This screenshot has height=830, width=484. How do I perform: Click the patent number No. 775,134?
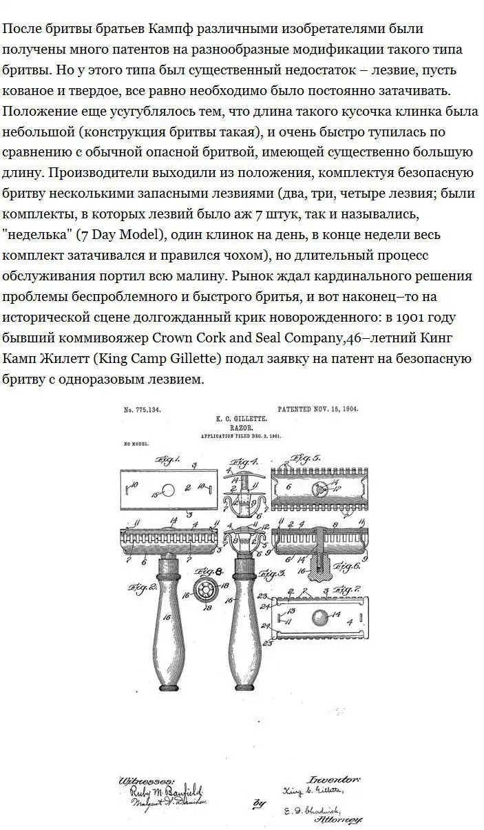point(142,410)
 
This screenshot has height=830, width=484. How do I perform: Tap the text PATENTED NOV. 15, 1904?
point(321,409)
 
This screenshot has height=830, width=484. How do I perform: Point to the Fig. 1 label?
point(167,459)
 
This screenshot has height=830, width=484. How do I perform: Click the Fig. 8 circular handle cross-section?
point(204,588)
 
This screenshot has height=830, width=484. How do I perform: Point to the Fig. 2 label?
point(143,588)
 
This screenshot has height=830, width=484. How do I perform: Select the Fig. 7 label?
point(342,590)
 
